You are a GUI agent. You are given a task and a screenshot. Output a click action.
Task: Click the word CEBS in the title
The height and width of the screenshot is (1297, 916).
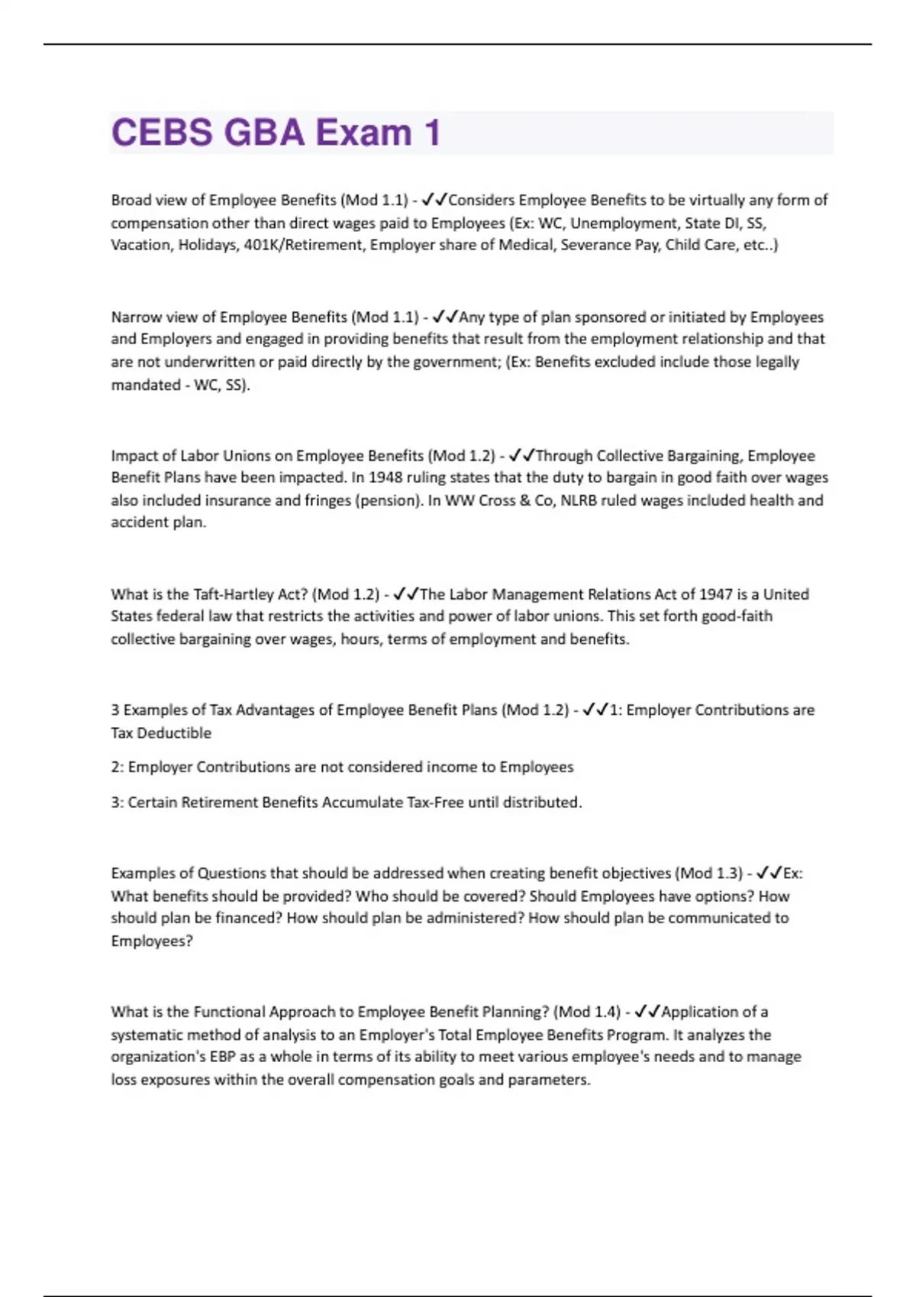click(162, 133)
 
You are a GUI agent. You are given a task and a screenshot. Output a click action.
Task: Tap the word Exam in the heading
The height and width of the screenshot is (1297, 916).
click(363, 133)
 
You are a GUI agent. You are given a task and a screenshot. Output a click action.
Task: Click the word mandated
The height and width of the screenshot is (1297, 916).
click(145, 385)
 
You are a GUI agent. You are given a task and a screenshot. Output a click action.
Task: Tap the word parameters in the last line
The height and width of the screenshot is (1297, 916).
click(549, 1080)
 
